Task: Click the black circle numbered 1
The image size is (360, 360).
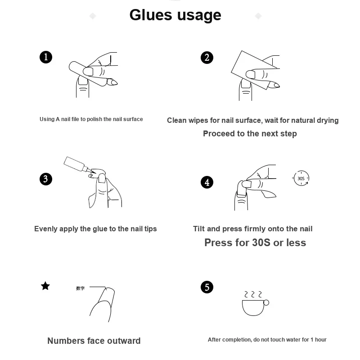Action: (x=46, y=57)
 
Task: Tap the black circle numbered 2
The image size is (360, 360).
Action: (x=207, y=58)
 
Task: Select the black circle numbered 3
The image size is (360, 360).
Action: (x=46, y=179)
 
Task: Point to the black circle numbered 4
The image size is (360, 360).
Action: (x=207, y=182)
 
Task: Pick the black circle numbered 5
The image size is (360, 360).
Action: (x=207, y=287)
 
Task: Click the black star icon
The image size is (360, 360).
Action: (x=45, y=286)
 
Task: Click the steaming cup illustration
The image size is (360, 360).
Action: (x=255, y=303)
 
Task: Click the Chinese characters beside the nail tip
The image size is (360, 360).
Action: (x=81, y=288)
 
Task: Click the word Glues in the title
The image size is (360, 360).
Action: (x=151, y=15)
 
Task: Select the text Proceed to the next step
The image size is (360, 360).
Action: (x=250, y=134)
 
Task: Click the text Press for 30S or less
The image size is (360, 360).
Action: (x=255, y=243)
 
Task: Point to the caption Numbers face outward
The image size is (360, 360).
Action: (x=94, y=341)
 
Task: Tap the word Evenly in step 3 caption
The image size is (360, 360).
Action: (x=46, y=229)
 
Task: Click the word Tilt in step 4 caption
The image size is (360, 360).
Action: (x=198, y=229)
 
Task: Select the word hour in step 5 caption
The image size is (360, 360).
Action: (x=320, y=340)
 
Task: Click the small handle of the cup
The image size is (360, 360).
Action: (x=266, y=302)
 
